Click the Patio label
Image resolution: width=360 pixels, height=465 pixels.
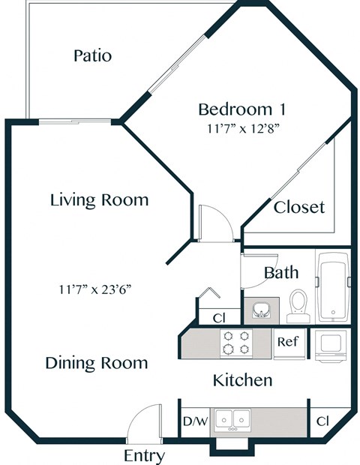[92, 55]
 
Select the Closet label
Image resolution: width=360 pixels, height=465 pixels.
[298, 206]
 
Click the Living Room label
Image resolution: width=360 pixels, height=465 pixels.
[99, 200]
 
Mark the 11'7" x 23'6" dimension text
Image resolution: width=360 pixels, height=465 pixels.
[99, 289]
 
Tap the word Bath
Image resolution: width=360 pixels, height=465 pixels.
[281, 272]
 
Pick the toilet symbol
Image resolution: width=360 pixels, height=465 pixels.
[298, 304]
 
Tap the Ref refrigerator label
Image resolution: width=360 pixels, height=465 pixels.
[288, 342]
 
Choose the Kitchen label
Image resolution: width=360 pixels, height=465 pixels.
[242, 380]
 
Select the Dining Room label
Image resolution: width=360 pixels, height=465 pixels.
[96, 363]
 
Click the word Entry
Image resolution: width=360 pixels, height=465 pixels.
[144, 455]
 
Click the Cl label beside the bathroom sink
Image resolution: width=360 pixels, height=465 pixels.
[219, 318]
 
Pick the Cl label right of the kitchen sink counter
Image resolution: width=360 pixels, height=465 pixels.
[322, 421]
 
